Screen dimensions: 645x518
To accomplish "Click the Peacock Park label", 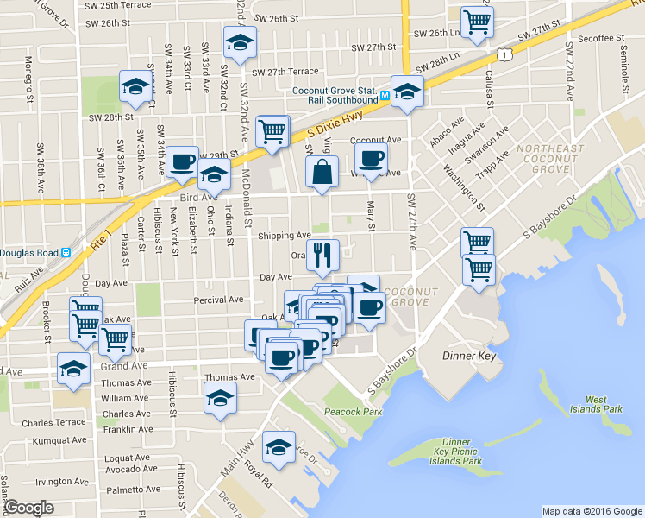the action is coord(354,412).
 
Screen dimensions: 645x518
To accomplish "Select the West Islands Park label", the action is coord(603,404).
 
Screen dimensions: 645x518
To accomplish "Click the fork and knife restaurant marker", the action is coord(322,254).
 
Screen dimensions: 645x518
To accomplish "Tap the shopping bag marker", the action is coord(322,170).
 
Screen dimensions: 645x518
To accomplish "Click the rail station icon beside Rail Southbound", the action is coord(385,94).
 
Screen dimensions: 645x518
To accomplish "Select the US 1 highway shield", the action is coord(512,54).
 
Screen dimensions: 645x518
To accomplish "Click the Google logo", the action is coord(29,508).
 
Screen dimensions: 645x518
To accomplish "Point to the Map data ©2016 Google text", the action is coord(592,510).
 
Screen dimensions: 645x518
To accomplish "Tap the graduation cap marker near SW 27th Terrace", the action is coord(240,41).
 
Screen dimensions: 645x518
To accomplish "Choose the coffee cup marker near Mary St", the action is coord(372,158).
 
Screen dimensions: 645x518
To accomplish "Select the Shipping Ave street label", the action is coord(284,235).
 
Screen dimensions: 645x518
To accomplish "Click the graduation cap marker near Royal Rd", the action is coord(279,445).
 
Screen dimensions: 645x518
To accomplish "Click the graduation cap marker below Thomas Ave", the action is coord(220,398).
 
